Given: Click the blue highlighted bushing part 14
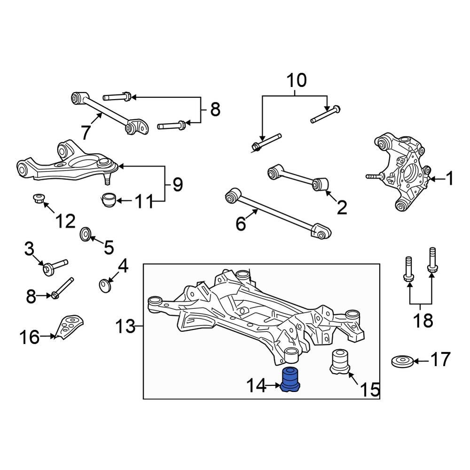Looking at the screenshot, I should coord(291,380).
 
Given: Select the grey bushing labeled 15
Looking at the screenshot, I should coord(340,362).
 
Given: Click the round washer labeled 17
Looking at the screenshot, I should coord(402,361).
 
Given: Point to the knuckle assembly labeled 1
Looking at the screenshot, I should coord(404,172).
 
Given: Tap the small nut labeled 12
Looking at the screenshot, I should coord(39,198).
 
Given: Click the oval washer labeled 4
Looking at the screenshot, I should coord(105,285).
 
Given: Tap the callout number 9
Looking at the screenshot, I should coord(177,185).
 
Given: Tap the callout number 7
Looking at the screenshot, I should coord(85,133).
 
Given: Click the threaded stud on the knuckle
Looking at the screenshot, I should coord(374,177).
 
